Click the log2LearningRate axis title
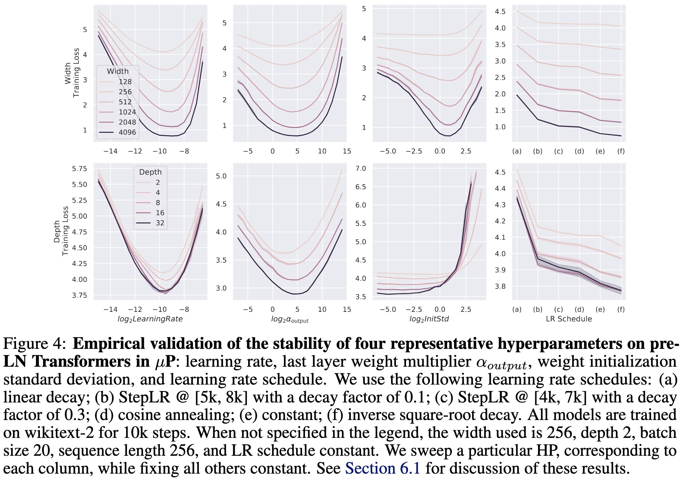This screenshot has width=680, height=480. click(x=150, y=319)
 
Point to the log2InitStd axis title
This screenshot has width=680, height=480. click(x=429, y=319)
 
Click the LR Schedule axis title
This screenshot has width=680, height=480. click(x=569, y=319)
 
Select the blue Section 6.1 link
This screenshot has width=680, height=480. click(x=382, y=468)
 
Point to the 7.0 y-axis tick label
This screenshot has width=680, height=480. click(x=361, y=169)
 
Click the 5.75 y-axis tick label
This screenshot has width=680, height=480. click(x=79, y=169)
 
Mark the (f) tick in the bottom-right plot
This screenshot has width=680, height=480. click(x=621, y=309)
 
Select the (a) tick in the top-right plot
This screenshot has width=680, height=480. click(x=517, y=151)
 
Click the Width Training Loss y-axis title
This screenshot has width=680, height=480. click(x=72, y=73)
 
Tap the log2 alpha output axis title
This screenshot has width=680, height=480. click(x=290, y=319)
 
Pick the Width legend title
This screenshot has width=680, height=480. click(x=118, y=71)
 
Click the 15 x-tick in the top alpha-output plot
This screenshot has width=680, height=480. click(x=347, y=151)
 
